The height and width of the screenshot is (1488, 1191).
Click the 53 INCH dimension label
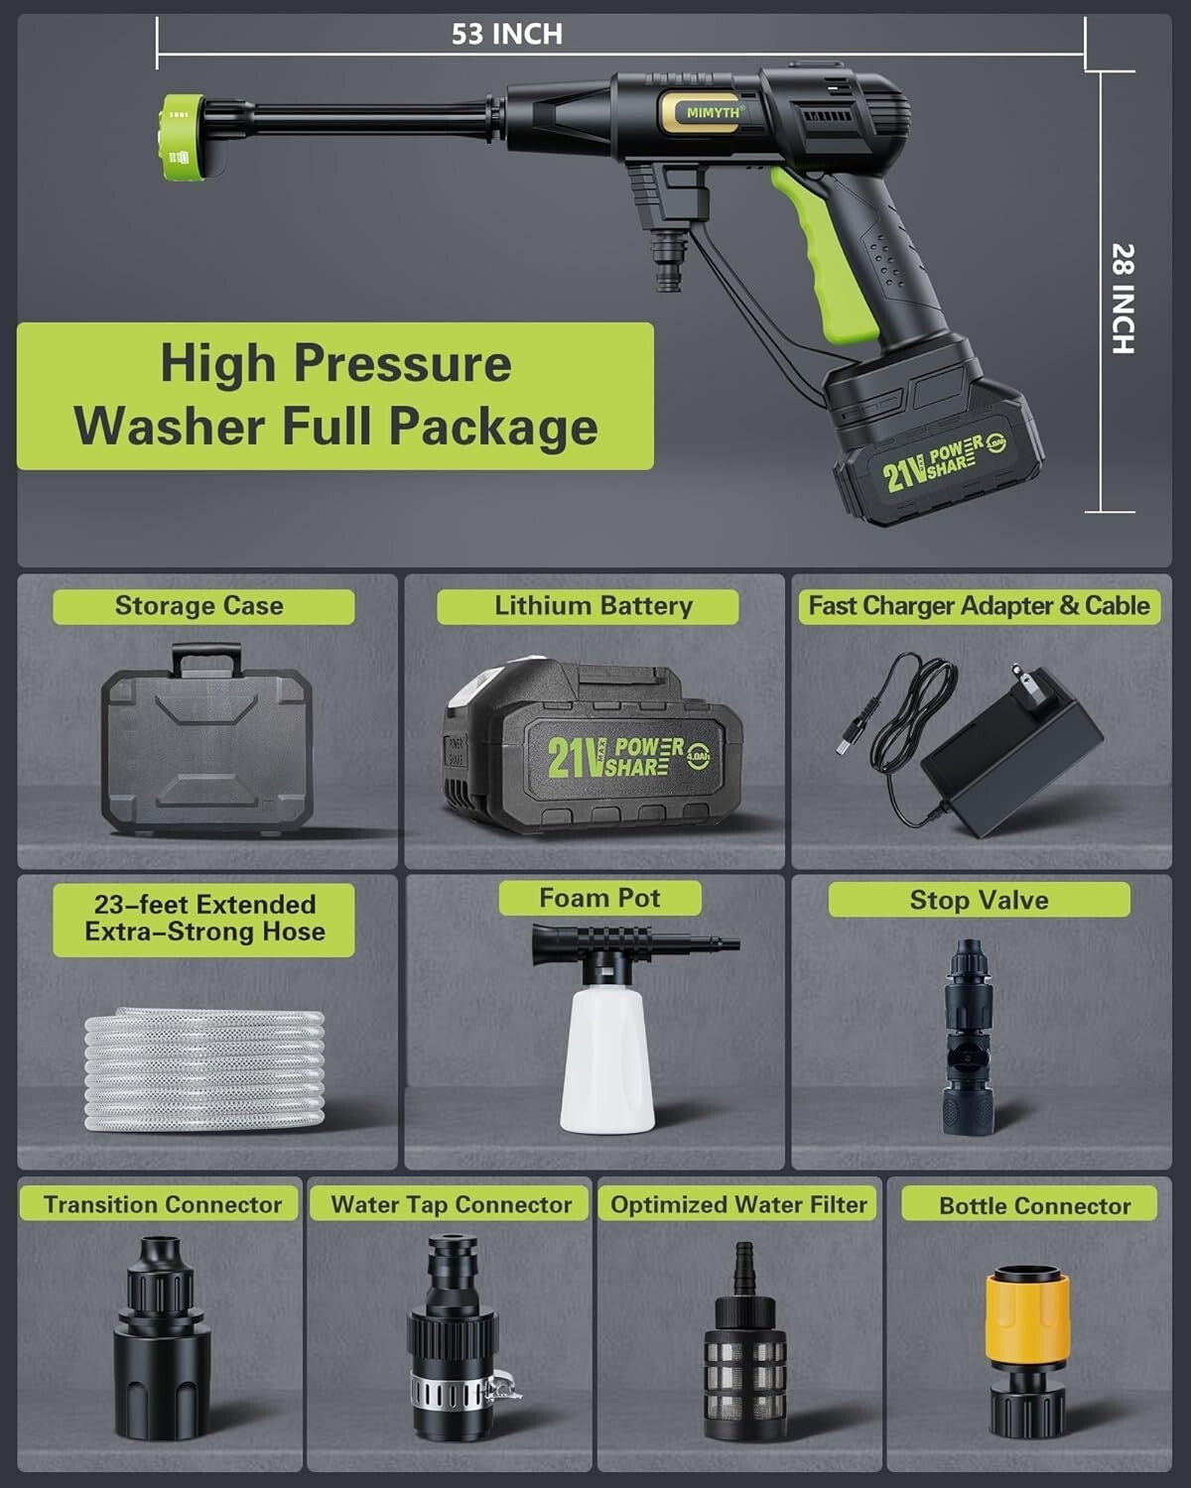[x=506, y=34]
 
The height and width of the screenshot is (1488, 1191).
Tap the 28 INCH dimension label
[x=1122, y=298]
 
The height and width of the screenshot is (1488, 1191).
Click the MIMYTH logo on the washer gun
[x=713, y=112]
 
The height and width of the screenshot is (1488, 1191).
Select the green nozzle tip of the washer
[x=185, y=137]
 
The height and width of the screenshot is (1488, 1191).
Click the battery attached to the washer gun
[x=933, y=446]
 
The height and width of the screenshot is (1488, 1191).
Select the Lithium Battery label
[x=592, y=606]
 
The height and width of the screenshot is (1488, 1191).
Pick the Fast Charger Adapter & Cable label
[x=979, y=606]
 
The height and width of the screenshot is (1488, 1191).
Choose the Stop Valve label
[x=979, y=900]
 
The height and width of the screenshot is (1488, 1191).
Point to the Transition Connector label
[x=162, y=1204]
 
